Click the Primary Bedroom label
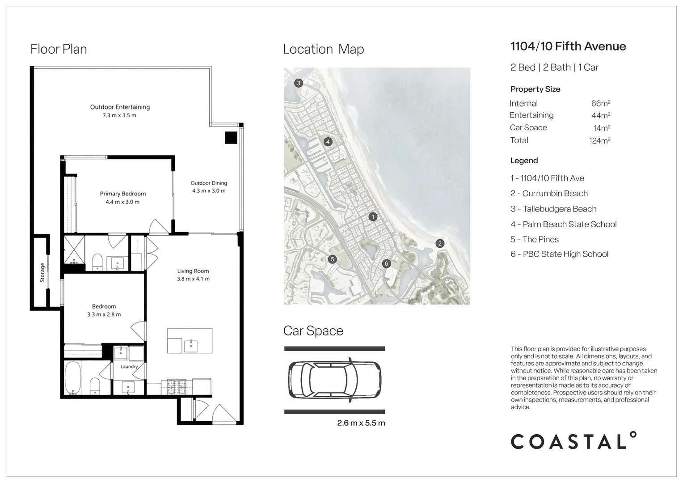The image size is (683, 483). click(123, 194)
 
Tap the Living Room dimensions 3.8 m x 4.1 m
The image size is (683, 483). click(193, 279)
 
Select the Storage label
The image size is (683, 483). click(42, 272)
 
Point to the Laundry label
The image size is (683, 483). click(129, 366)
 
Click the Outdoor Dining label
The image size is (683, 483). click(209, 183)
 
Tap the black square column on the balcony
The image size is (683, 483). click(231, 138)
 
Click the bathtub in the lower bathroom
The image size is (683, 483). click(73, 378)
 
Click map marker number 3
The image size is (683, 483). click(299, 83)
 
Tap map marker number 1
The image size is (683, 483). click(373, 217)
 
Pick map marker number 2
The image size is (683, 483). click(440, 243)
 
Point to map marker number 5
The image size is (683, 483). click(333, 259)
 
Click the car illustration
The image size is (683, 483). click(334, 380)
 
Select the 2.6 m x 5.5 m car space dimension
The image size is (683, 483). click(361, 423)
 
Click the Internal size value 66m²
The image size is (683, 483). click(601, 103)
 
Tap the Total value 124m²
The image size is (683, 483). click(600, 141)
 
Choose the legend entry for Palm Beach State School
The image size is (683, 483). click(564, 224)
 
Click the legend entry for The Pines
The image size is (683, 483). click(535, 240)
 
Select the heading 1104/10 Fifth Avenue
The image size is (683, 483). click(569, 47)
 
